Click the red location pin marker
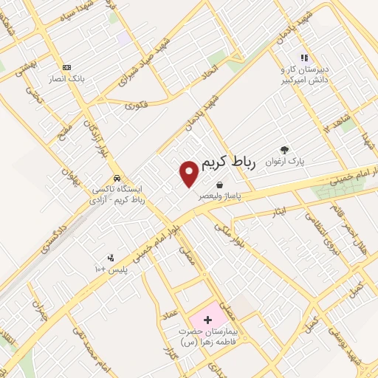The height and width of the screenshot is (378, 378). [x=189, y=173]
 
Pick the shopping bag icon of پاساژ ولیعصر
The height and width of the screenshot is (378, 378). [x=220, y=185]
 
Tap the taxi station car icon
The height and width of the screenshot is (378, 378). [x=117, y=179]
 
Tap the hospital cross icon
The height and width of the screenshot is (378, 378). [x=207, y=320]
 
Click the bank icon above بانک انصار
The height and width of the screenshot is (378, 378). [x=67, y=66]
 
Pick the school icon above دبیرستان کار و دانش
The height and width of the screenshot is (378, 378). [x=303, y=58]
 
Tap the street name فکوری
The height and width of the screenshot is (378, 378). [x=137, y=106]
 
